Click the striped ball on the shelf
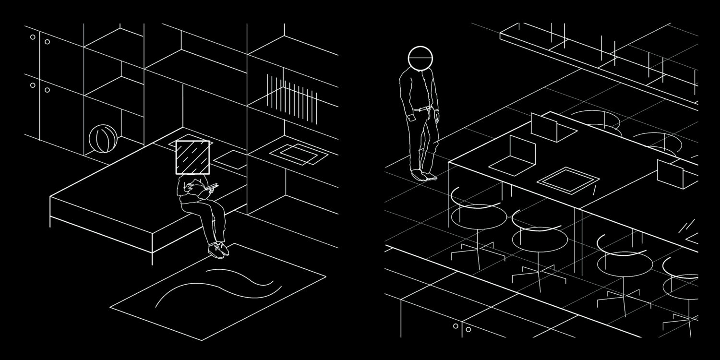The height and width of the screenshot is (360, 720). pyautogui.click(x=103, y=139)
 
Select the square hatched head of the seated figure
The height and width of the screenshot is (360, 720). pyautogui.click(x=192, y=157)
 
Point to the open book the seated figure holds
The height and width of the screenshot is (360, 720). pyautogui.click(x=209, y=189)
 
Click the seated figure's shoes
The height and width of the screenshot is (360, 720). pyautogui.click(x=218, y=249)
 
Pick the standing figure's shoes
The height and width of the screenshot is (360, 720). pyautogui.click(x=424, y=175)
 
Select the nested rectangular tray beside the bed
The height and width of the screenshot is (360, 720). pyautogui.click(x=298, y=154)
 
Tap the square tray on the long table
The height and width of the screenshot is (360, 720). pyautogui.click(x=568, y=180)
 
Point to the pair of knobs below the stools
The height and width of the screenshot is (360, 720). pyautogui.click(x=462, y=328)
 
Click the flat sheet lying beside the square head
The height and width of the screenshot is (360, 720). pyautogui.click(x=230, y=160)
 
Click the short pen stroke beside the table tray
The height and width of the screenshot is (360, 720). pyautogui.click(x=595, y=191)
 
